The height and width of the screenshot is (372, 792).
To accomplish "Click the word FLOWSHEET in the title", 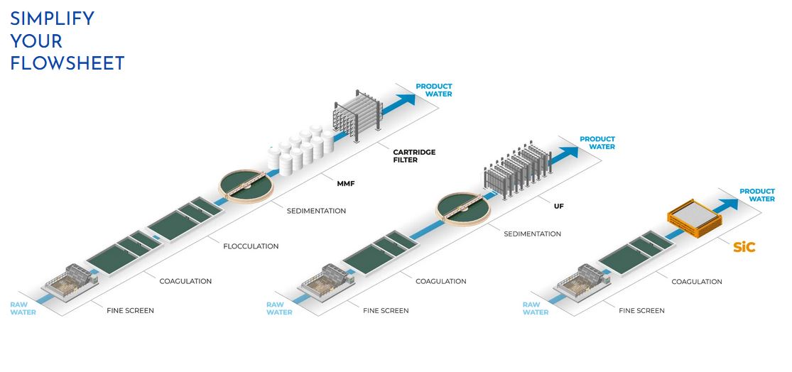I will (x=67, y=63).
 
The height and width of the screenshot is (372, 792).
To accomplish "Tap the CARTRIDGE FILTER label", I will (x=414, y=156).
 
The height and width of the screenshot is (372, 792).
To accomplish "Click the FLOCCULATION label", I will (x=251, y=246).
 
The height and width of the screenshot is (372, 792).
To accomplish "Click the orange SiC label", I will (x=744, y=248).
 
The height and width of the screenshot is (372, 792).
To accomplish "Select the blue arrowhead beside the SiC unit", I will (x=730, y=204).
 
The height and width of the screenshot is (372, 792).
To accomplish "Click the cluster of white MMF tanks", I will (x=301, y=151).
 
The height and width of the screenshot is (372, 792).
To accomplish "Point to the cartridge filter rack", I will (x=357, y=114).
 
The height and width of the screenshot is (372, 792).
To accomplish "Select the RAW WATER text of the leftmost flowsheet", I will (x=23, y=308).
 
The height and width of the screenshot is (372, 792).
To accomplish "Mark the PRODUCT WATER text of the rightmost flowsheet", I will (x=756, y=195).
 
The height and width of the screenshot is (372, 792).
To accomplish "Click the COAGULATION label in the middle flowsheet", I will (x=440, y=281).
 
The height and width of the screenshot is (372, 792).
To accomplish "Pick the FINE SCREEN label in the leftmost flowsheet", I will (x=130, y=310).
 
